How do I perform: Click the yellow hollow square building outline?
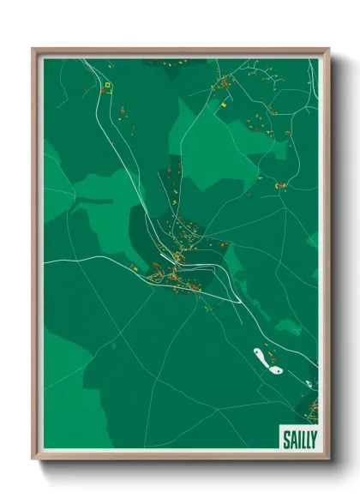108,85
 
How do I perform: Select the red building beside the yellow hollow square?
102,88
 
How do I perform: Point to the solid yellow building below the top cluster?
222,104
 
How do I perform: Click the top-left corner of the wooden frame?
33,49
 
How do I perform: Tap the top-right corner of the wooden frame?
328,49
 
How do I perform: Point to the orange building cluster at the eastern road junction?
281,183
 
